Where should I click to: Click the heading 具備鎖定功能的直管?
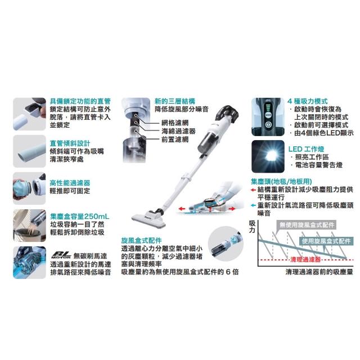[x=80, y=101]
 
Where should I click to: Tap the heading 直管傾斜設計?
[x=70, y=143]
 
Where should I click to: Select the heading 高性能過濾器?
[x=70, y=183]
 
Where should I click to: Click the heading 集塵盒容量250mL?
[x=80, y=217]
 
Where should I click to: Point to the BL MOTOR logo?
[x=61, y=255]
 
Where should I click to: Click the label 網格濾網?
[x=175, y=123]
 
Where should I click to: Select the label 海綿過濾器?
[x=178, y=131]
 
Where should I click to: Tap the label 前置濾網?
[x=175, y=139]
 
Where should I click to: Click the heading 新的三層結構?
[x=175, y=101]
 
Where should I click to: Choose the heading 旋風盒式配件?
[x=141, y=241]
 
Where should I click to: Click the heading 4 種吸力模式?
[x=308, y=101]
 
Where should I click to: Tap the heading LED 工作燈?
[x=306, y=149]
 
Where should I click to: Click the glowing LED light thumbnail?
[x=268, y=156]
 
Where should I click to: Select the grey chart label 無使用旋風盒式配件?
[x=307, y=225]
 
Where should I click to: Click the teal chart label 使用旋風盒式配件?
[x=326, y=241]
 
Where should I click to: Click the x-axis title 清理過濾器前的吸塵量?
[x=319, y=272]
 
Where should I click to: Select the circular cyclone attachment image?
[x=226, y=244]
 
